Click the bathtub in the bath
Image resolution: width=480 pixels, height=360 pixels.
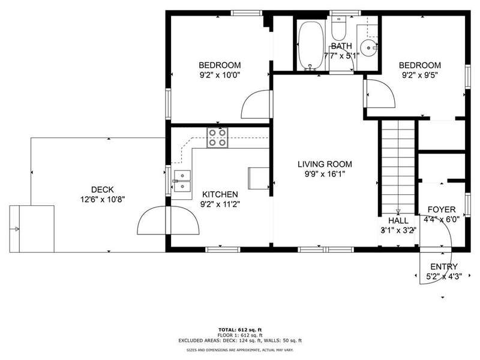pyautogui.click(x=311, y=46)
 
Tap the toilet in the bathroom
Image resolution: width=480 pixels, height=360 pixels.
pyautogui.click(x=339, y=28)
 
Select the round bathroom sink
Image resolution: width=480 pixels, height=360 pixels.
pyautogui.click(x=368, y=48)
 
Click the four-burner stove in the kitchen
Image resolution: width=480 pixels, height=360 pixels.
pyautogui.click(x=217, y=138)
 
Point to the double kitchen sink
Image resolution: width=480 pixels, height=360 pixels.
pyautogui.click(x=182, y=181)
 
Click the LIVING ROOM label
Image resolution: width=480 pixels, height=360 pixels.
pyautogui.click(x=325, y=164)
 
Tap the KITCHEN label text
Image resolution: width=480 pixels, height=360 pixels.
pyautogui.click(x=220, y=194)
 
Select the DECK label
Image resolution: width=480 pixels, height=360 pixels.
pyautogui.click(x=103, y=190)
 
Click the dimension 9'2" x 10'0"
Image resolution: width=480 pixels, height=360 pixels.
pyautogui.click(x=220, y=75)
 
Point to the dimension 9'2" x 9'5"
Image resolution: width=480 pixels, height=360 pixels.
pyautogui.click(x=419, y=75)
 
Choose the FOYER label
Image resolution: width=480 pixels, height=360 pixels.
pyautogui.click(x=442, y=209)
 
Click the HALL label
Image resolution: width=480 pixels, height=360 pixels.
pyautogui.click(x=398, y=221)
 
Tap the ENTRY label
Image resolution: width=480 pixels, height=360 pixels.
pyautogui.click(x=444, y=266)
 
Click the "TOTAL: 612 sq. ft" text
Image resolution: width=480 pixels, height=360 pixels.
pyautogui.click(x=240, y=329)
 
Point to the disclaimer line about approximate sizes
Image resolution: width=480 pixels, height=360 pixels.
pyautogui.click(x=240, y=350)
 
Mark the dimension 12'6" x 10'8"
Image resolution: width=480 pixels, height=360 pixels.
pyautogui.click(x=103, y=200)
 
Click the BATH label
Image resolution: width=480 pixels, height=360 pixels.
pyautogui.click(x=341, y=46)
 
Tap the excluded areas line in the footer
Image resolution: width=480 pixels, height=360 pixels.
pyautogui.click(x=240, y=340)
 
